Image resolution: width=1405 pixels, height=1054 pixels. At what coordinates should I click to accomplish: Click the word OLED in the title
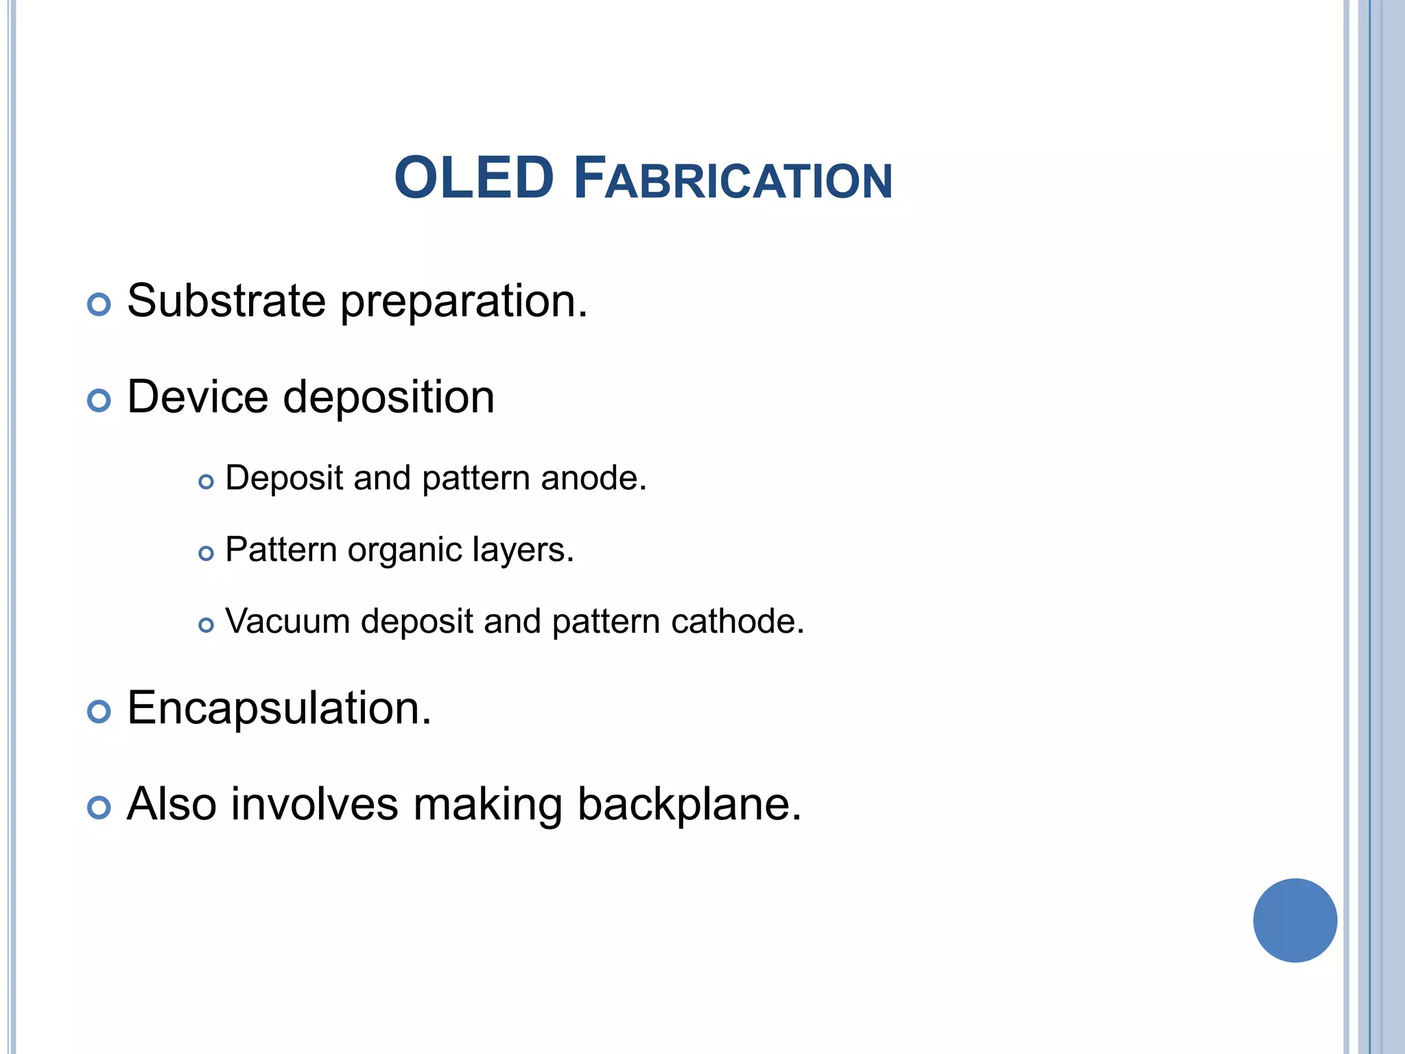tap(473, 178)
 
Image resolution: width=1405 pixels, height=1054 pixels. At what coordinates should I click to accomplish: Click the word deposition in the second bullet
tap(388, 399)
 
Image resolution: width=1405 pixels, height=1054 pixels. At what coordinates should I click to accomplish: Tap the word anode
tap(593, 478)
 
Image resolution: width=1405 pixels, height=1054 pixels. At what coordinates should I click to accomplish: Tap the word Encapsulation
tap(279, 708)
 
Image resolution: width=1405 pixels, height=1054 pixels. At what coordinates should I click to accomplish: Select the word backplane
tap(689, 804)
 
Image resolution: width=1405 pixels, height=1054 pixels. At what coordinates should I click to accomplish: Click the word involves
tap(314, 804)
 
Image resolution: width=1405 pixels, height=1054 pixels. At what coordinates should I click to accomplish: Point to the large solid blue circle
tap(1295, 920)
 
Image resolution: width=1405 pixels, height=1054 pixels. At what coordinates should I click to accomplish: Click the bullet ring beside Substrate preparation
tap(99, 304)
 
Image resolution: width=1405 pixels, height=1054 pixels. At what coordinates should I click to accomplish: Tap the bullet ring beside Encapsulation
tap(99, 712)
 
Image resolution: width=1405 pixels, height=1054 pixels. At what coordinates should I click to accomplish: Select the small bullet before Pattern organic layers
tap(206, 553)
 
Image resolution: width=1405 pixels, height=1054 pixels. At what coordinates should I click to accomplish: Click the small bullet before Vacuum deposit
tap(206, 624)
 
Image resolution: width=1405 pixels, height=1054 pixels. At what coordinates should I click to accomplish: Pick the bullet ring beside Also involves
tap(99, 808)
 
